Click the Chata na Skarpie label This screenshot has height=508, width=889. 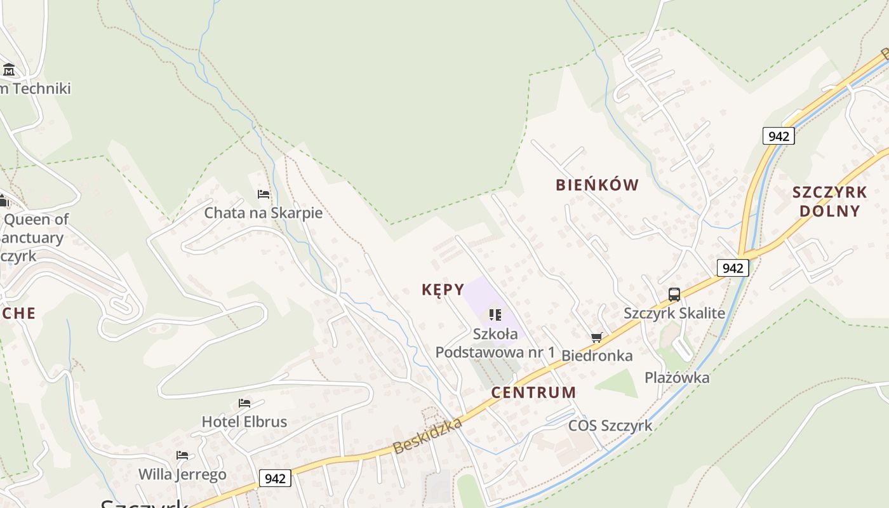[263, 213]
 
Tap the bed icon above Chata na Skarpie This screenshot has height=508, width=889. [264, 194]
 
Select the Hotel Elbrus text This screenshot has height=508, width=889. [244, 422]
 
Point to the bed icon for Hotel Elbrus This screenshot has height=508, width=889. [244, 403]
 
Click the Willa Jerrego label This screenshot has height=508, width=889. [182, 474]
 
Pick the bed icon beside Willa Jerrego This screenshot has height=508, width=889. [182, 455]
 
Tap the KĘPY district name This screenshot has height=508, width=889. [443, 290]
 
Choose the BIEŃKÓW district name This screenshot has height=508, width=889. [597, 185]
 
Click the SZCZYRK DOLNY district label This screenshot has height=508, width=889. [829, 201]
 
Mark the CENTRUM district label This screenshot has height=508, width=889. [533, 392]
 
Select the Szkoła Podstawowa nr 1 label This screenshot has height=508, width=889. [495, 343]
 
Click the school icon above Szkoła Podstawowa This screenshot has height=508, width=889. [495, 314]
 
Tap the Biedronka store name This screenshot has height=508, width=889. [597, 356]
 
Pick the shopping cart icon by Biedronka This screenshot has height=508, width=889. [596, 337]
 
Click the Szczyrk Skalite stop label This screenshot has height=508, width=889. [674, 313]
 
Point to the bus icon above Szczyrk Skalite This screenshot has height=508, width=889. [674, 294]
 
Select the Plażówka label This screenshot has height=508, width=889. [677, 378]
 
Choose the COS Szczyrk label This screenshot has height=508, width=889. [610, 425]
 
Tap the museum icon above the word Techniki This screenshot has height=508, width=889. [9, 69]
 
